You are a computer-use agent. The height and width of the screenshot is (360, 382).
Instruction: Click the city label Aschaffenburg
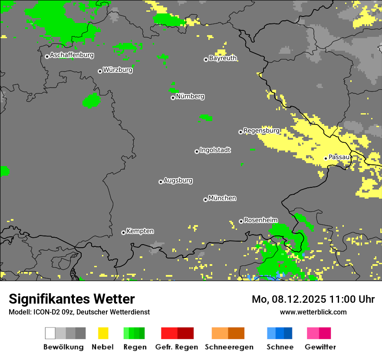tap(72, 56)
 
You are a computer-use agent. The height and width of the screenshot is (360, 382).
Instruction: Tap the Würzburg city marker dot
tap(100, 71)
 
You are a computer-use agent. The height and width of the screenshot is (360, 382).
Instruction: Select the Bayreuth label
tap(223, 58)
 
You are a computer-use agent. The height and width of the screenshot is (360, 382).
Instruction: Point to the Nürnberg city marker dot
tap(173, 98)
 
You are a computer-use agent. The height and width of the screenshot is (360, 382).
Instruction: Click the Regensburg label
tap(261, 131)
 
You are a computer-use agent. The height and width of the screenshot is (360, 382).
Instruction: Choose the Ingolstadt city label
tap(215, 151)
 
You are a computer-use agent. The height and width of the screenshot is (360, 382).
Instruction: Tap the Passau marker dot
tap(326, 158)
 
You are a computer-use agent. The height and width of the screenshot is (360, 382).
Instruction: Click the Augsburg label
tap(178, 181)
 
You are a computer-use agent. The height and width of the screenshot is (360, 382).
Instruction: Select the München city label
tap(222, 198)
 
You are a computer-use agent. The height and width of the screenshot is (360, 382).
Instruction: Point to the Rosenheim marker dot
tap(241, 221)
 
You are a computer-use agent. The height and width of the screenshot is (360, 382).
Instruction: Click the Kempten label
tap(140, 231)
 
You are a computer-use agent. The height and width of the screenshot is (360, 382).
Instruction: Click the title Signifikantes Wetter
tap(72, 299)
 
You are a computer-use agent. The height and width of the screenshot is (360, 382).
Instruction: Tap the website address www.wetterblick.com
tap(313, 312)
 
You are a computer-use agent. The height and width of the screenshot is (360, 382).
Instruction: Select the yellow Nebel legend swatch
tap(103, 333)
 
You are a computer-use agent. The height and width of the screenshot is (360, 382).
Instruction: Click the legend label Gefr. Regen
tap(177, 347)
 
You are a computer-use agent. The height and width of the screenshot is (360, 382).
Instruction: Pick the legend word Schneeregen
tap(229, 347)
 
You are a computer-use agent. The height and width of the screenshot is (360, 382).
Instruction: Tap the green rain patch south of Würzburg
tap(91, 101)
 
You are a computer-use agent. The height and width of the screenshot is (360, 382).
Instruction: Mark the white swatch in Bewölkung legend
tap(50, 333)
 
